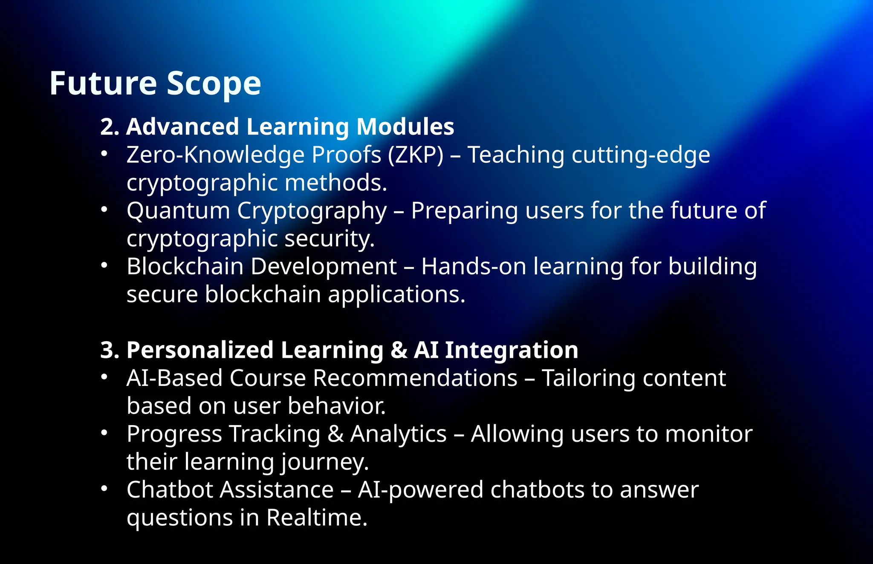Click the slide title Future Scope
[x=155, y=83]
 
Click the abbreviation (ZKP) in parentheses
[x=416, y=155]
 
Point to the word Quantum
[x=178, y=211]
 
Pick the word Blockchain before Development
[x=185, y=267]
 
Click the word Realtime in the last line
[x=316, y=518]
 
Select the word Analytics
[x=398, y=435]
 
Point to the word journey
[x=325, y=463]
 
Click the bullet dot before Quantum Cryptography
[x=104, y=210]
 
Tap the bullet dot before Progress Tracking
[x=104, y=433]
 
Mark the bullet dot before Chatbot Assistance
[x=104, y=489]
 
